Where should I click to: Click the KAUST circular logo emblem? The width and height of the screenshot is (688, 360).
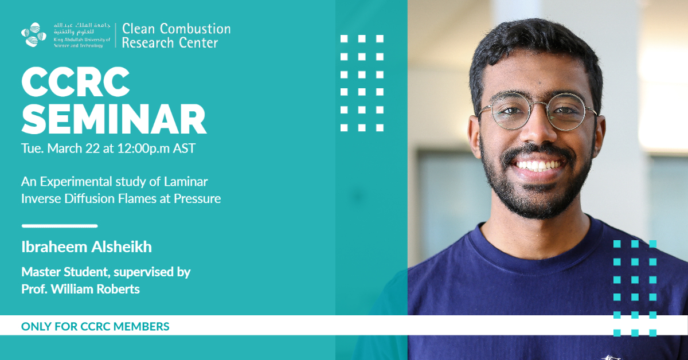[34, 35]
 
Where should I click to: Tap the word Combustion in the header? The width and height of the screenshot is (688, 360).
[195, 29]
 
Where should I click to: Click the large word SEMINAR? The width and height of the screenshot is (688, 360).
[114, 119]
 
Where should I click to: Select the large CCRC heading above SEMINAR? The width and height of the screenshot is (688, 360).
[76, 82]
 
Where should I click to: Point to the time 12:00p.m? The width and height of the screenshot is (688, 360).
[143, 148]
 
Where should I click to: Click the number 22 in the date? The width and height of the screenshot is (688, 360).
[92, 148]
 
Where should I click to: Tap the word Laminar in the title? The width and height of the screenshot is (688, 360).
[186, 182]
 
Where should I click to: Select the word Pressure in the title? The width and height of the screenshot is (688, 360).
[197, 198]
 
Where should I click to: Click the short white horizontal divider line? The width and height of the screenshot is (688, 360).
[60, 226]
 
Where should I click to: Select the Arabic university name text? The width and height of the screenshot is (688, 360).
[81, 28]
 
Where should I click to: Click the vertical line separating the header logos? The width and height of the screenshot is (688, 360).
[116, 35]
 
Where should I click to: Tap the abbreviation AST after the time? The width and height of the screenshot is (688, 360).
[184, 148]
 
